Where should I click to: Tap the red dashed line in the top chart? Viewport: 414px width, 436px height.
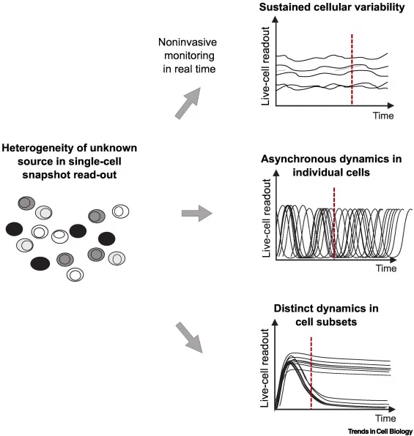tap(352, 69)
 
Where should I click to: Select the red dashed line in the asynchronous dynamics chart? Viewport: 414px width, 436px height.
tap(334, 224)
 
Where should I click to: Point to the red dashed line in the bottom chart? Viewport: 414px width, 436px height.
tap(311, 373)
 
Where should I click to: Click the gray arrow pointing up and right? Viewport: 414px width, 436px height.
tap(188, 102)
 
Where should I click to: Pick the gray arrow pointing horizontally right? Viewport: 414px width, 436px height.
tap(197, 214)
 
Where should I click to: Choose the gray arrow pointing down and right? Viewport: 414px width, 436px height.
tap(190, 337)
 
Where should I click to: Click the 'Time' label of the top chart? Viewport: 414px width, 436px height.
tap(383, 116)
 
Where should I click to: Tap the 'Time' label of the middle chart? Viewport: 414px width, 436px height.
tap(386, 268)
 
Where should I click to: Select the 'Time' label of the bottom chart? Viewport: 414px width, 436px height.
tap(385, 418)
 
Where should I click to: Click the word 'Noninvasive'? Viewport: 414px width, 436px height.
tap(188, 42)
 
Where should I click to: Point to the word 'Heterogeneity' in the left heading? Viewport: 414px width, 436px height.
tap(37, 149)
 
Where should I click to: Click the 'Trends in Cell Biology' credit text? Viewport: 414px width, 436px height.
tap(380, 432)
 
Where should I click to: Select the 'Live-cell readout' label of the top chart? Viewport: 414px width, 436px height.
tap(265, 66)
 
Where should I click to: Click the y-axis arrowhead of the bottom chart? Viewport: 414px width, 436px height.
tap(275, 323)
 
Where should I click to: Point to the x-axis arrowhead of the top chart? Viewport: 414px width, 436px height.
tap(391, 105)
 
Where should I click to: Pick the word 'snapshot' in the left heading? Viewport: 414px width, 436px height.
tap(44, 175)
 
